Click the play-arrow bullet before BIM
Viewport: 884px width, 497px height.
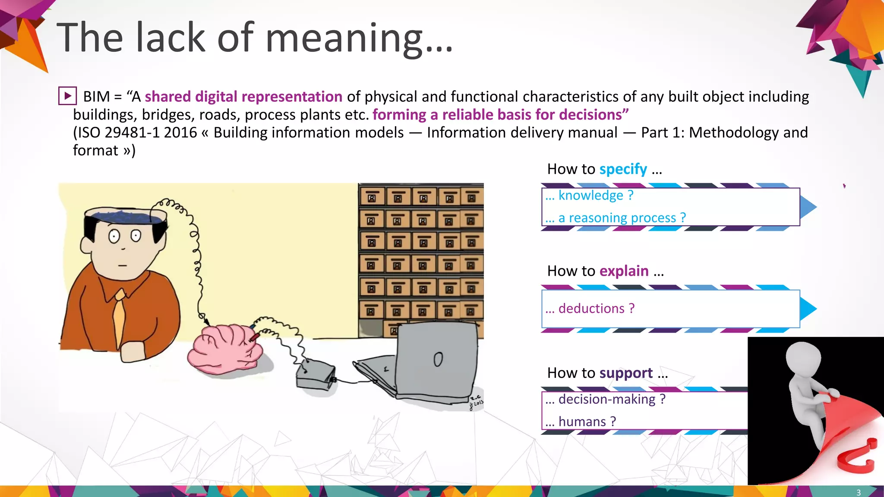pos(68,96)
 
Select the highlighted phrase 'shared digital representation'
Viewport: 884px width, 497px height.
pos(243,97)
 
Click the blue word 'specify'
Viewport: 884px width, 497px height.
pos(623,169)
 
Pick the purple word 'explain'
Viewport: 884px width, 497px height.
pos(624,271)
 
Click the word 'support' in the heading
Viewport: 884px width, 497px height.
pos(626,373)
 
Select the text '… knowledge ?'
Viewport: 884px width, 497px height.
pos(589,195)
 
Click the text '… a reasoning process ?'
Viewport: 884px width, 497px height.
pos(616,218)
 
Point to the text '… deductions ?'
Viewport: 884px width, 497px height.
pos(590,308)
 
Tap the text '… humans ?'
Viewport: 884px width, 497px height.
pos(581,422)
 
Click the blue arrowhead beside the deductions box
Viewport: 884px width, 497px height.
pos(808,309)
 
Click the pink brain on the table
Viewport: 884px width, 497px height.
pos(224,349)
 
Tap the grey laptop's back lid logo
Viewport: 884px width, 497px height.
pos(438,359)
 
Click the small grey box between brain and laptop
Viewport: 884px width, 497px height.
pos(316,375)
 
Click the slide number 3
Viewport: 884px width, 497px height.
pos(858,492)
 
